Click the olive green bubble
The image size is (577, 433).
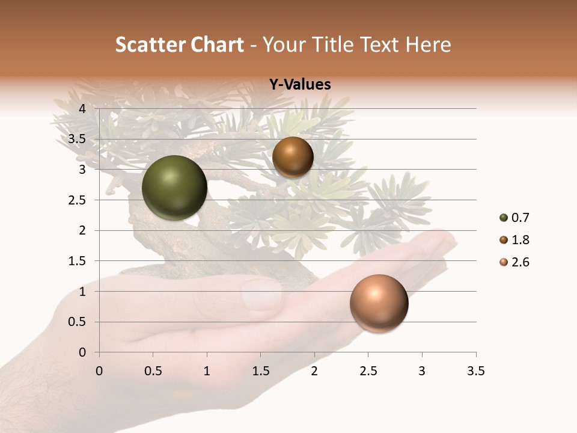(x=174, y=188)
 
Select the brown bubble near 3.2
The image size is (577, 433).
(x=293, y=157)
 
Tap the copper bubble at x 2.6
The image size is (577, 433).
(x=379, y=303)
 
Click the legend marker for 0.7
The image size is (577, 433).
(x=504, y=218)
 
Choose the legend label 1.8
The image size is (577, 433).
(x=520, y=240)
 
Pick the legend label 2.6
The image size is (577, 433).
(x=520, y=262)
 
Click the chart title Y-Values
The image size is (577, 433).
(x=300, y=85)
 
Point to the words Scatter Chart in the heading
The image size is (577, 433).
(x=180, y=45)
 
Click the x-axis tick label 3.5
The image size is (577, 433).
(x=475, y=371)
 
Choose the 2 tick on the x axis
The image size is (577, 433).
(x=314, y=371)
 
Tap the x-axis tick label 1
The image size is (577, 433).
(x=207, y=371)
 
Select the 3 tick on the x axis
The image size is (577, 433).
(x=422, y=371)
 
